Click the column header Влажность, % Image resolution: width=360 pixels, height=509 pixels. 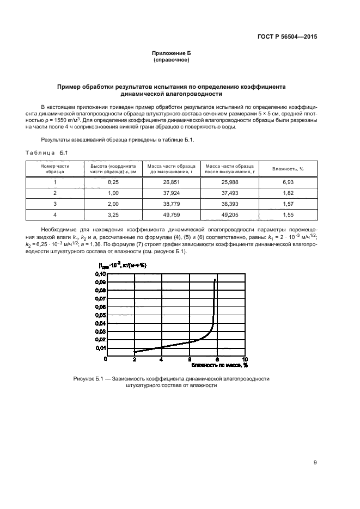coord(288,169)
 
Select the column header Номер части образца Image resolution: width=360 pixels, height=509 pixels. coord(55,169)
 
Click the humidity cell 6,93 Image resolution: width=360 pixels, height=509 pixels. coord(288,182)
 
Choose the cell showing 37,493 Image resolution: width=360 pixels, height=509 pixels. coord(229,193)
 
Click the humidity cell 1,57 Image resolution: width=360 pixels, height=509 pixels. coord(288,204)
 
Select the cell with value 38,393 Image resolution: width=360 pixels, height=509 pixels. coord(229,204)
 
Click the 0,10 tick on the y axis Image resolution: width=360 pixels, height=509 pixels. coord(101,274)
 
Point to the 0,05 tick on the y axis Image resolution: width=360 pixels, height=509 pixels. coord(101,315)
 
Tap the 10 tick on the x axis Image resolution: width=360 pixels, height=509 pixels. coord(245,360)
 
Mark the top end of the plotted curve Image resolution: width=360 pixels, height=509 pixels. coord(215,279)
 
